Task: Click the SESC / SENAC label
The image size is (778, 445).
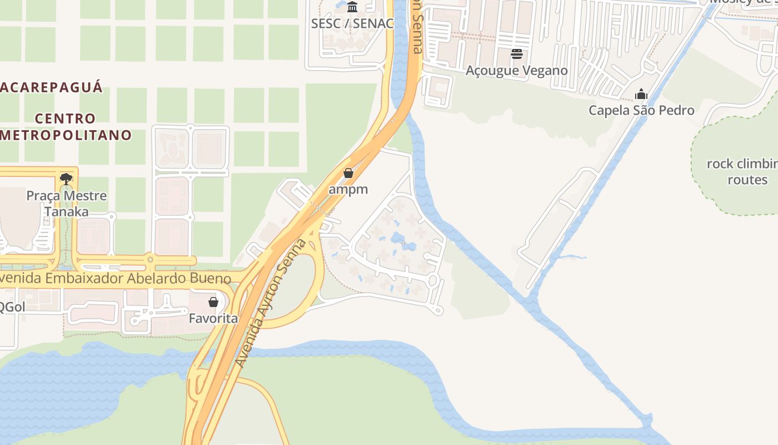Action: point(352,23)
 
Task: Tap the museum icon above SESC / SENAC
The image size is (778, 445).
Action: point(352,7)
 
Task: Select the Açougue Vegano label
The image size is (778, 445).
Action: point(516,70)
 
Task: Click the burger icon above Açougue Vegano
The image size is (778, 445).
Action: point(517,54)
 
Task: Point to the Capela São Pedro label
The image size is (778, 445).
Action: point(641,110)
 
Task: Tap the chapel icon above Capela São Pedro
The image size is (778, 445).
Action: point(641,93)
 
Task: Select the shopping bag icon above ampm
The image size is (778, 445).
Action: point(348,173)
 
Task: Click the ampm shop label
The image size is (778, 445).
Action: point(348,189)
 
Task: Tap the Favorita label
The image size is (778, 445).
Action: point(213,318)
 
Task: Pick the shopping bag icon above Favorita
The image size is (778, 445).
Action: point(213,302)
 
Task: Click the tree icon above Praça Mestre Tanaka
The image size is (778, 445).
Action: point(66,179)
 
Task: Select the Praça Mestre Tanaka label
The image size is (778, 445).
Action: point(67,204)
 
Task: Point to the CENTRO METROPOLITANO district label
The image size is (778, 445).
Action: point(66,127)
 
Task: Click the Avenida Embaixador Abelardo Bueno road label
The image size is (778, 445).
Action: point(114,278)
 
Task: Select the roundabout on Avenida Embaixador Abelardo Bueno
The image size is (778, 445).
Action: point(149,260)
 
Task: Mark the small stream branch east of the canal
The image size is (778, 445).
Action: point(572,257)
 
